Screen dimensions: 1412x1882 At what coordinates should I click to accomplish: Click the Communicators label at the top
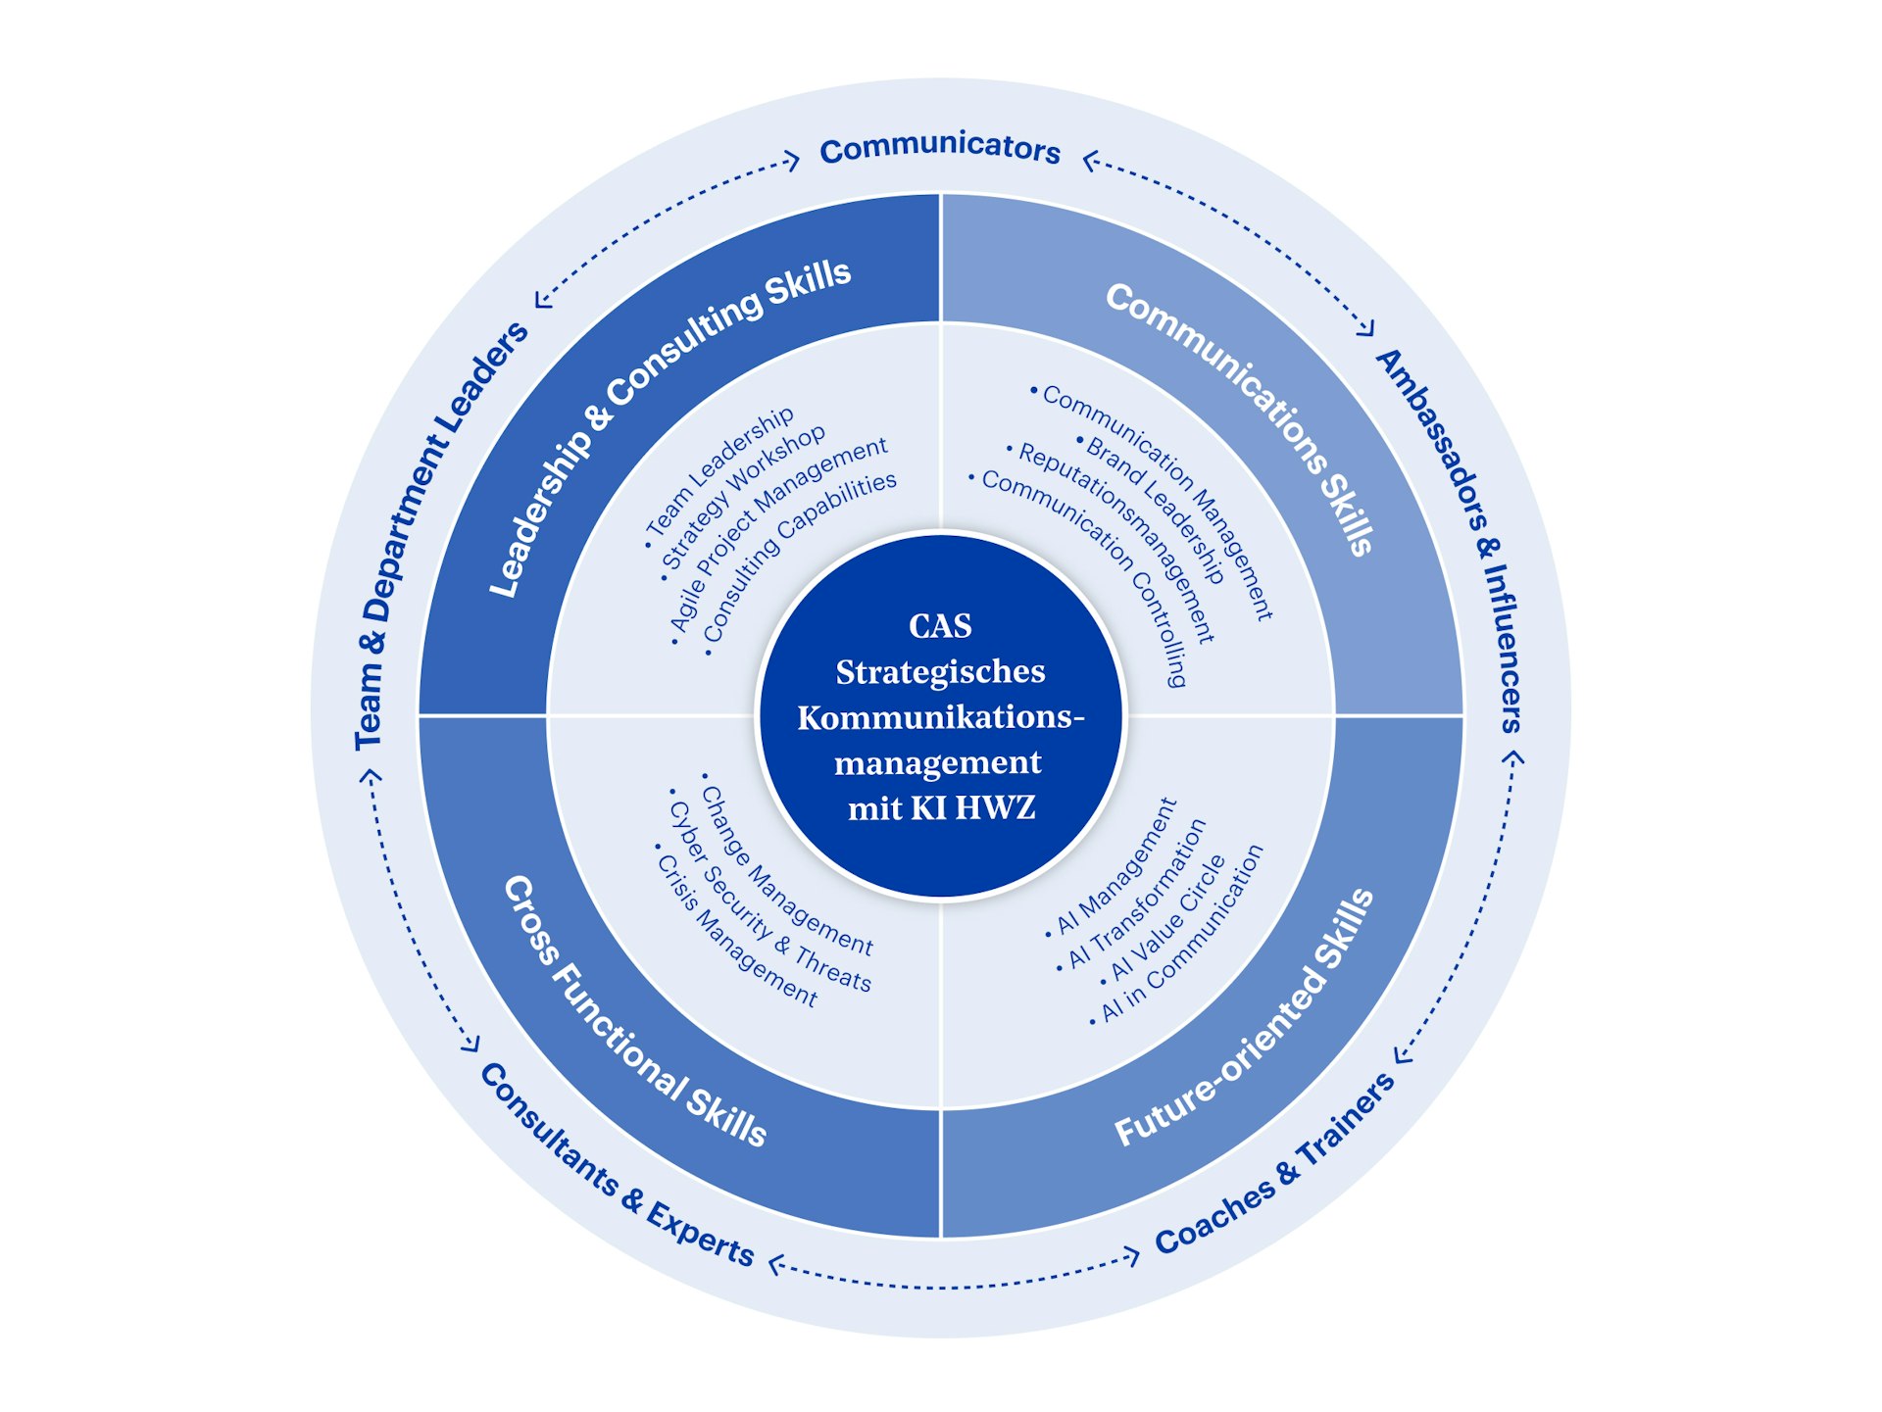[940, 148]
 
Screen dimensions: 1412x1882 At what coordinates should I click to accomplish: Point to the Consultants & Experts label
[617, 1166]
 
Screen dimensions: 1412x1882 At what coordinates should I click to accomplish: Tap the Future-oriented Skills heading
[1246, 1019]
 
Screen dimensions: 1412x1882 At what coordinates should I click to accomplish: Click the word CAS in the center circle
[940, 626]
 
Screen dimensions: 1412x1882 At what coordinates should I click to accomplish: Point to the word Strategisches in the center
[940, 672]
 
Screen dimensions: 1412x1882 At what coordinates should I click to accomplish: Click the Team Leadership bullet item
[720, 471]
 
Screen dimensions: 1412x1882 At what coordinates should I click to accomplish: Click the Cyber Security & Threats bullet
[769, 898]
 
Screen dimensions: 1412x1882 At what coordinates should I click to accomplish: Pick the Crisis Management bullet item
[736, 931]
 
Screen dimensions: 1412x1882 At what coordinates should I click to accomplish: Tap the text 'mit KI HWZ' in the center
[941, 808]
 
